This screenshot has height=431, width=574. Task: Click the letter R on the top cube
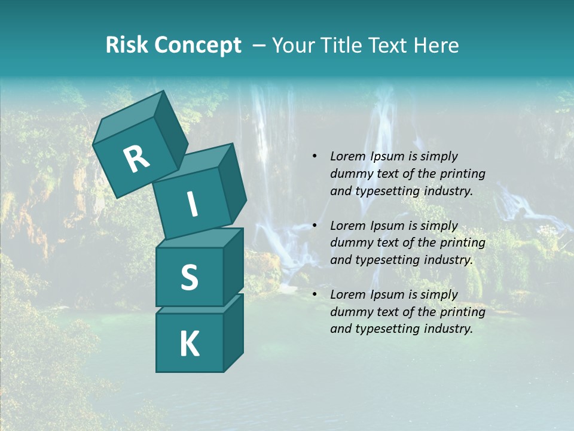click(x=136, y=159)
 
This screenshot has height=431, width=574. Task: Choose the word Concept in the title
click(x=197, y=45)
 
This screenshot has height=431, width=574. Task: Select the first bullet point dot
click(x=315, y=157)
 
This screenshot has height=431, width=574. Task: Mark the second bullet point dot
click(x=315, y=226)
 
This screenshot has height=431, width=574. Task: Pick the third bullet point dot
click(x=315, y=295)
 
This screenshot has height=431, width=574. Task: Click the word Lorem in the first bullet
click(x=348, y=157)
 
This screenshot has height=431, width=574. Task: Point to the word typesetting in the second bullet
click(x=384, y=260)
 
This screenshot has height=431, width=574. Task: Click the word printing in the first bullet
click(x=462, y=174)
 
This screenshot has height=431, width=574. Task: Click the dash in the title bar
click(x=259, y=45)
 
